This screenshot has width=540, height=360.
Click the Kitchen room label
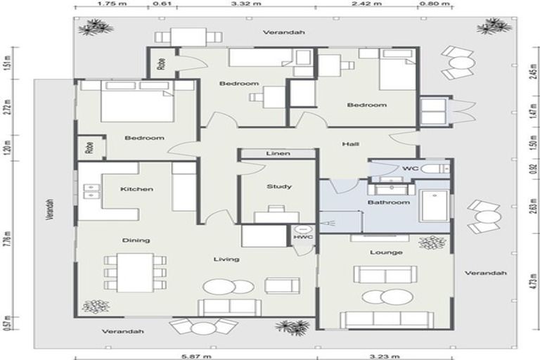[x=136, y=189]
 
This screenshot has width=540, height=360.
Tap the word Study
[x=279, y=187]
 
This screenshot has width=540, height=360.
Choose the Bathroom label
[x=388, y=202]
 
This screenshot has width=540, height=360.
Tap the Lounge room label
[x=385, y=252]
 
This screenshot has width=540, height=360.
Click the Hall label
[x=350, y=144]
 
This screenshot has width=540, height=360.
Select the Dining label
[x=136, y=240]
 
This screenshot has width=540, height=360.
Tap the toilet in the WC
[x=440, y=169]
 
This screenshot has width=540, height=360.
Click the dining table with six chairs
[x=136, y=270]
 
